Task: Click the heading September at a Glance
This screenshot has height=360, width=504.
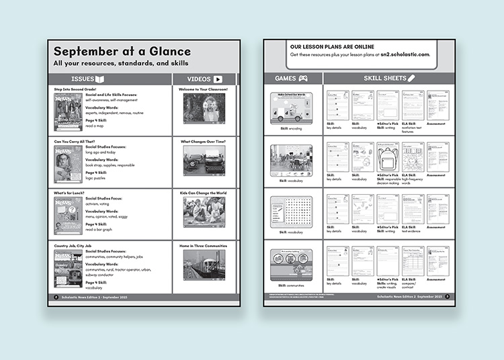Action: [122, 52]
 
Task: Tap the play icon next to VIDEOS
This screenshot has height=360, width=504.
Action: [218, 79]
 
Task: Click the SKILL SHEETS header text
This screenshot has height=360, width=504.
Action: [384, 79]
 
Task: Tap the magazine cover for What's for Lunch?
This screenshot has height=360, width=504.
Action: [68, 216]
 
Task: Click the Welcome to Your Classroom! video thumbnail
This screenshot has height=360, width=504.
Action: [204, 108]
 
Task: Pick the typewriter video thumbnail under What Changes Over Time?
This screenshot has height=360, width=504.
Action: [204, 161]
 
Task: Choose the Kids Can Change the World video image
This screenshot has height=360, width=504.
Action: [204, 213]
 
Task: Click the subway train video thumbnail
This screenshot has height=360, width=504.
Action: [204, 265]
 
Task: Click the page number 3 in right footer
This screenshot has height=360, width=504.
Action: [448, 296]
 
